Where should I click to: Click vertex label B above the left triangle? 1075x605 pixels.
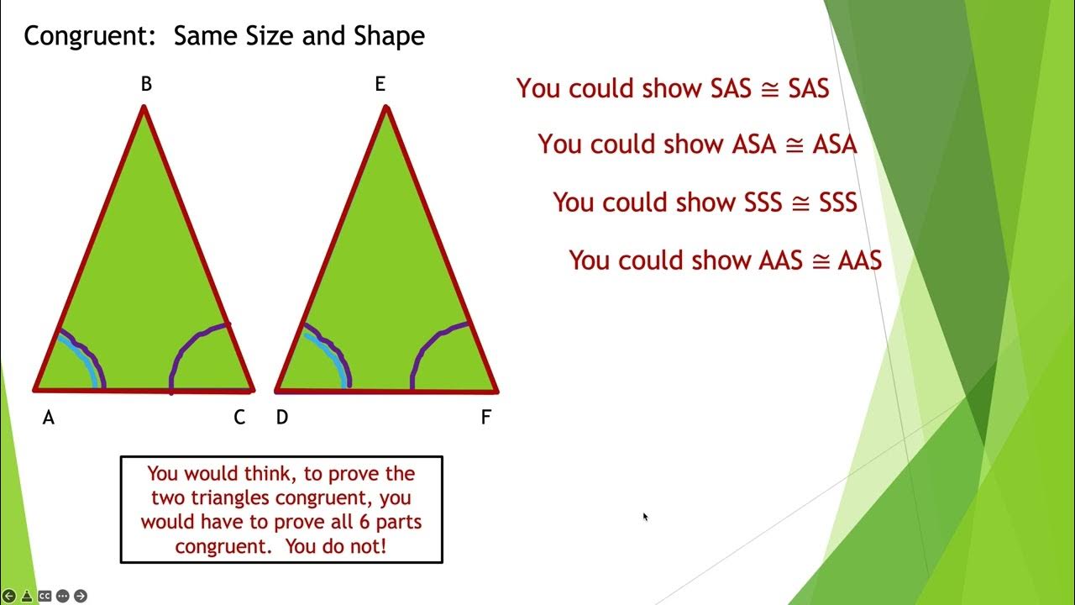146,84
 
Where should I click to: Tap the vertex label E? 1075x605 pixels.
380,84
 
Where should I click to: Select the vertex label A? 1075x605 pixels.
49,418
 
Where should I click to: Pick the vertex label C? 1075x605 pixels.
239,418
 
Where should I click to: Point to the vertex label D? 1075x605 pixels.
282,418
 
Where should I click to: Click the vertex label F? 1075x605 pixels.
485,418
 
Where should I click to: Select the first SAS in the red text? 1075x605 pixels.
731,88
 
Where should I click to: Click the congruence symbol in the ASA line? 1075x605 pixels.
793,145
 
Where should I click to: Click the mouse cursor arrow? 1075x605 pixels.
645,517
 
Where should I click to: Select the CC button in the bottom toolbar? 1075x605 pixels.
45,596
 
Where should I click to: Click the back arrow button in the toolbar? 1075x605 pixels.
9,596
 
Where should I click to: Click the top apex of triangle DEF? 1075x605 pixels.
386,108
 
